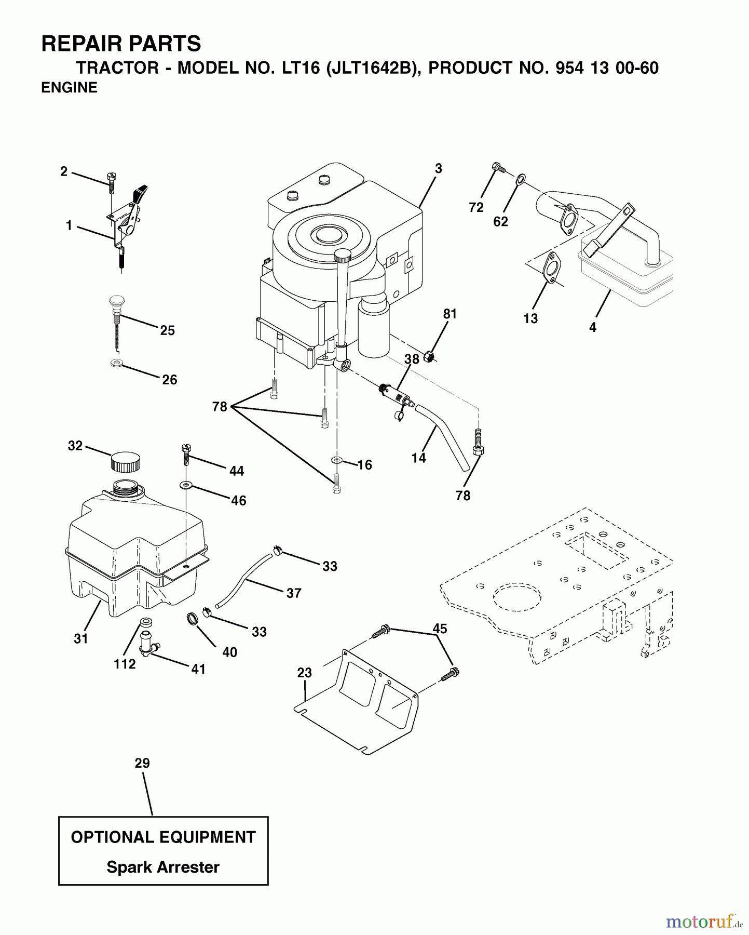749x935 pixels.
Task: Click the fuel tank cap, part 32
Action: pos(125,461)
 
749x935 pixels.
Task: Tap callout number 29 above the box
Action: pos(142,763)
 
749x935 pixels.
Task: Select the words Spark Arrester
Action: pos(163,867)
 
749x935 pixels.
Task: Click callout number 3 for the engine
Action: pos(439,168)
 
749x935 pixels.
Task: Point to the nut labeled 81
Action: pos(429,356)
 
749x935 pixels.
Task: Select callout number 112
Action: pos(125,664)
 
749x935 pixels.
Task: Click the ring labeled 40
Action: pos(193,619)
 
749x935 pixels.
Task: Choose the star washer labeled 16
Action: pos(337,460)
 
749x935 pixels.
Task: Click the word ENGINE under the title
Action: pos(69,88)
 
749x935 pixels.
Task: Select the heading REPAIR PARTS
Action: pos(121,44)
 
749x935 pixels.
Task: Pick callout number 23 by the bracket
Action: pos(304,673)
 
